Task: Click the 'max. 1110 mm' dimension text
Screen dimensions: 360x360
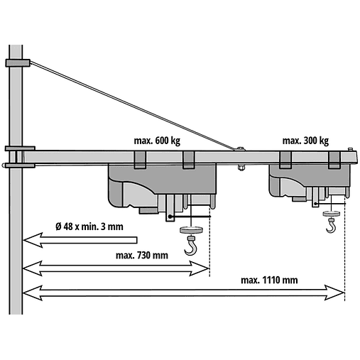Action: (269, 280)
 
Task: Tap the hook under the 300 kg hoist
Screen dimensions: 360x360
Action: (330, 227)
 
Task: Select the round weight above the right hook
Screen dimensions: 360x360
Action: (330, 212)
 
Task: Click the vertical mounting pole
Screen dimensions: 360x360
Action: (16, 213)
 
